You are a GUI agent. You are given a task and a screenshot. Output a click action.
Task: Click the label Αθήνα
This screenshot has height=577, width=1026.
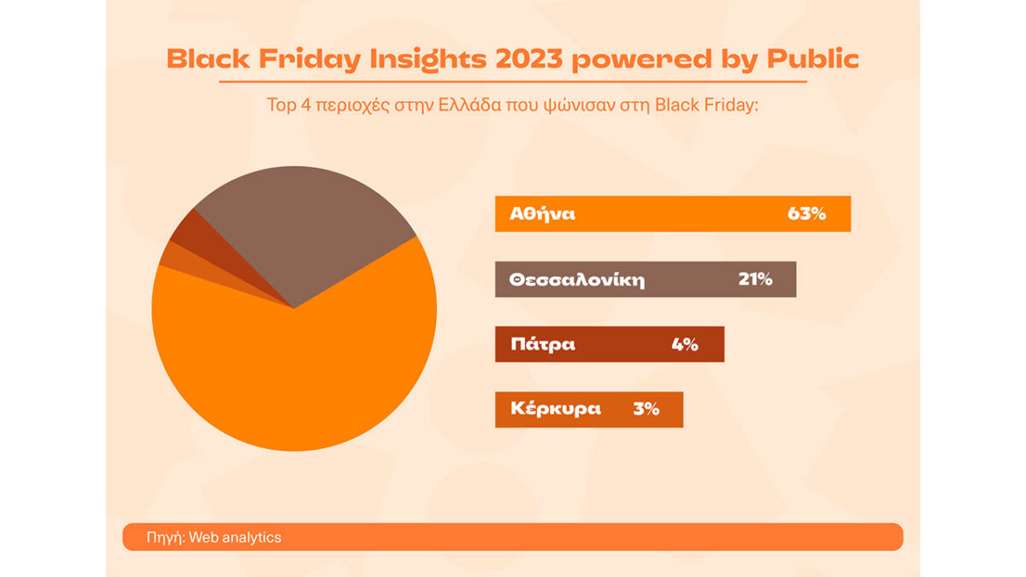click(x=542, y=214)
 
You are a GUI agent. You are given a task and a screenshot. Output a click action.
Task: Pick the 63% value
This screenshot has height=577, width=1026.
click(x=806, y=214)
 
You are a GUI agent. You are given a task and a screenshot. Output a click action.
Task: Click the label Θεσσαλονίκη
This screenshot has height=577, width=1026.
click(x=577, y=280)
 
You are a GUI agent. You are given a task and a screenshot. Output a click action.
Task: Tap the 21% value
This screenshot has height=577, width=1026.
click(x=755, y=279)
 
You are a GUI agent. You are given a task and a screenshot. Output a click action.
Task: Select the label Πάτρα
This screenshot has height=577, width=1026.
click(x=543, y=344)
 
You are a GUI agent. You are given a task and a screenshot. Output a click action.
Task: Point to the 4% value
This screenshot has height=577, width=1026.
click(x=685, y=344)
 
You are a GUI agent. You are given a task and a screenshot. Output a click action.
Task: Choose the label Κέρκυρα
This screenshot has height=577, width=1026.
click(x=556, y=409)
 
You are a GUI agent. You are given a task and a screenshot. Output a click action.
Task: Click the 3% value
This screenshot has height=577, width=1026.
click(x=646, y=409)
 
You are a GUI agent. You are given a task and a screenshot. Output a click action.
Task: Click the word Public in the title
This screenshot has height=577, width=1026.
click(x=812, y=59)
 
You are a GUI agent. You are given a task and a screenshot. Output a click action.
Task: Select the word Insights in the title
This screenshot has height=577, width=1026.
click(x=427, y=60)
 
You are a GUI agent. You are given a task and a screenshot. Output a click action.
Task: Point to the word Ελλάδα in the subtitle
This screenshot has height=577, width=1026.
click(x=469, y=105)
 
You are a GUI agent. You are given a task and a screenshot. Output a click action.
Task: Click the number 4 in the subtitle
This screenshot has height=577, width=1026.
click(x=306, y=105)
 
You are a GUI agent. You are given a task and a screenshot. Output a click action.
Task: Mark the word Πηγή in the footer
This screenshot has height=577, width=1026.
click(x=165, y=538)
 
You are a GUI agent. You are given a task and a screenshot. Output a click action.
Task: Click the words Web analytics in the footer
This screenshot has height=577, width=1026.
click(x=235, y=537)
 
